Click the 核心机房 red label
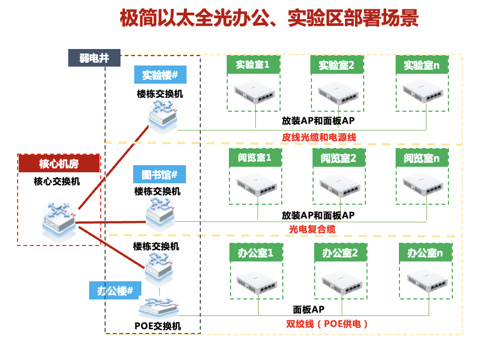click(59, 163)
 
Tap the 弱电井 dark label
click(94, 58)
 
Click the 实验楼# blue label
click(160, 75)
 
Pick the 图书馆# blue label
click(160, 175)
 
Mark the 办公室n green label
click(425, 253)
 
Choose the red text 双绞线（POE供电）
click(327, 324)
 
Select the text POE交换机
click(158, 326)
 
